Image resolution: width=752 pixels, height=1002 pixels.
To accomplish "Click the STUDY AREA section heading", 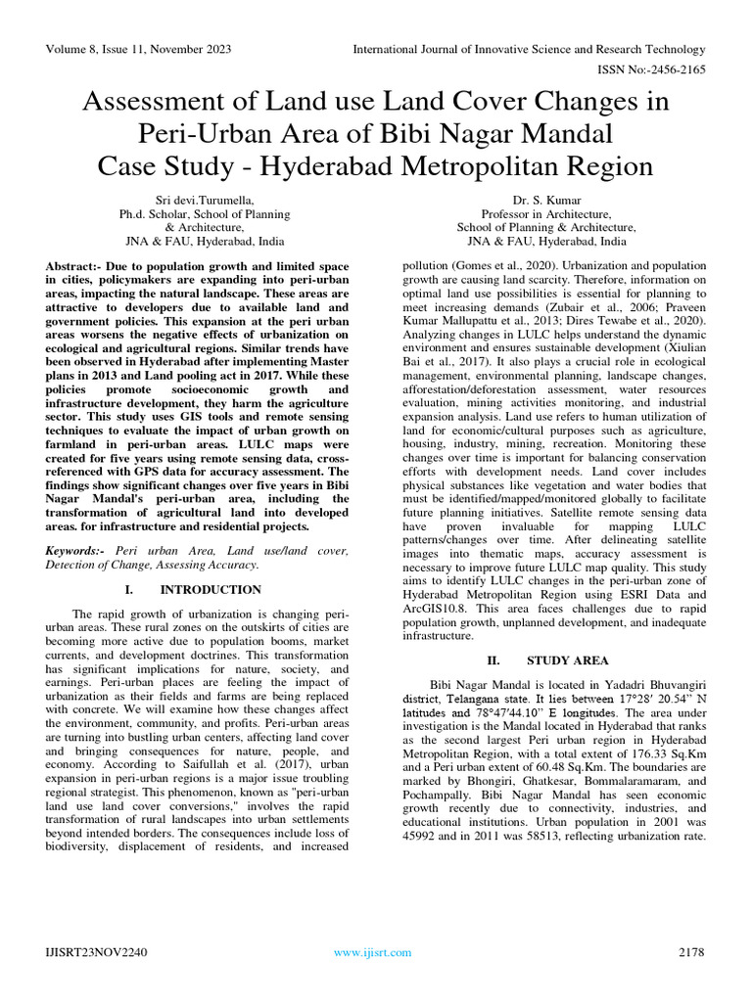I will (x=567, y=660).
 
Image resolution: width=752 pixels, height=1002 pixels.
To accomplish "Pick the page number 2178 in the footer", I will (x=691, y=951).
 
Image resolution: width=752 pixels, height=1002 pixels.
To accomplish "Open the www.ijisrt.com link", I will (x=369, y=951).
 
